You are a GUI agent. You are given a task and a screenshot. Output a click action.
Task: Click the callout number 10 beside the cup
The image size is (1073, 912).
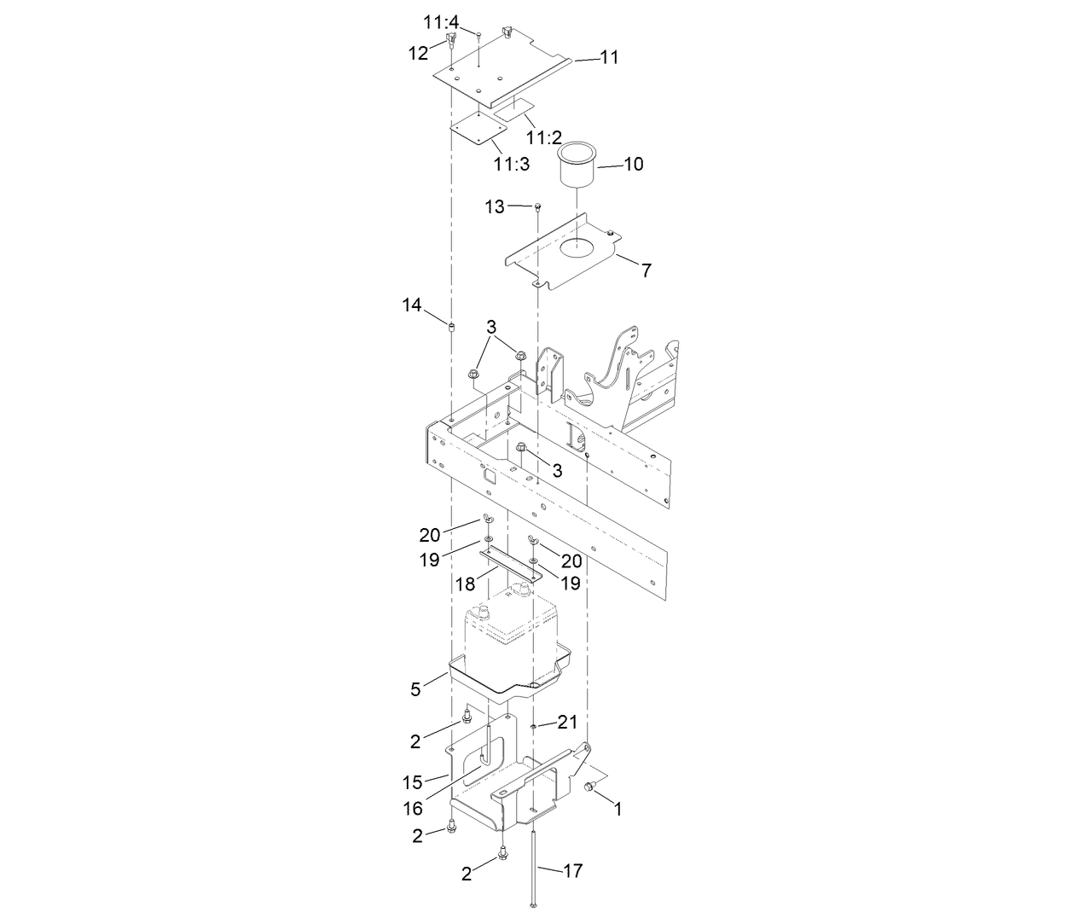[x=634, y=164]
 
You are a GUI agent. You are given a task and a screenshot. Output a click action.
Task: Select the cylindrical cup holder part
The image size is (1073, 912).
[x=577, y=166]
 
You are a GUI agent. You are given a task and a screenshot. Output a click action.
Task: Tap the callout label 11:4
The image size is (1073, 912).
[x=441, y=22]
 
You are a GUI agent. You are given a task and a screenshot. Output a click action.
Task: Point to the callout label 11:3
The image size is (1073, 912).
[x=511, y=164]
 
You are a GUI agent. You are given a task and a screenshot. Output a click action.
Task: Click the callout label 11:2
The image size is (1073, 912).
[x=543, y=137]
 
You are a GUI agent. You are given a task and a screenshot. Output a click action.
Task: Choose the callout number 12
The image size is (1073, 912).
[x=418, y=53]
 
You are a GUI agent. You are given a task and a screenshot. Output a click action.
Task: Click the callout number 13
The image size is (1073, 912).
[x=495, y=206]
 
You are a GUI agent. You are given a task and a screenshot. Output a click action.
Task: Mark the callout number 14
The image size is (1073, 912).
[x=412, y=305]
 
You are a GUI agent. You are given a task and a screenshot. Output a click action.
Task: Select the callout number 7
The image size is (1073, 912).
[x=647, y=270]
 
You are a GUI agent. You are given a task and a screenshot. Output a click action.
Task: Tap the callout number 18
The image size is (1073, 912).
[x=465, y=584]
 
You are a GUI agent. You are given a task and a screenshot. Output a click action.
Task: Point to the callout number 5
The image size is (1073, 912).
[x=415, y=689]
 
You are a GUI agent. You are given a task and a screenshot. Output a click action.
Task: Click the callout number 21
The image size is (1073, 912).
[x=568, y=723]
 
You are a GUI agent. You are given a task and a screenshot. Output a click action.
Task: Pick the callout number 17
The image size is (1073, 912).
[x=573, y=871]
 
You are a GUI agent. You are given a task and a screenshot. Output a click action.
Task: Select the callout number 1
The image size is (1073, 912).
[x=618, y=809]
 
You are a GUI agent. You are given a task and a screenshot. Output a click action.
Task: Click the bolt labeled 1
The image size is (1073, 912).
[x=588, y=790]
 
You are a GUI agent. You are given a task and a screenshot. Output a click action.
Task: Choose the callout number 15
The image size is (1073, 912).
[x=413, y=781]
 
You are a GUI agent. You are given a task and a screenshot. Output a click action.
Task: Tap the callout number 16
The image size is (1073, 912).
[x=413, y=809]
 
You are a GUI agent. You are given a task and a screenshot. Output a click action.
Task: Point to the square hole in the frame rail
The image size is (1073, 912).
[x=490, y=479]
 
